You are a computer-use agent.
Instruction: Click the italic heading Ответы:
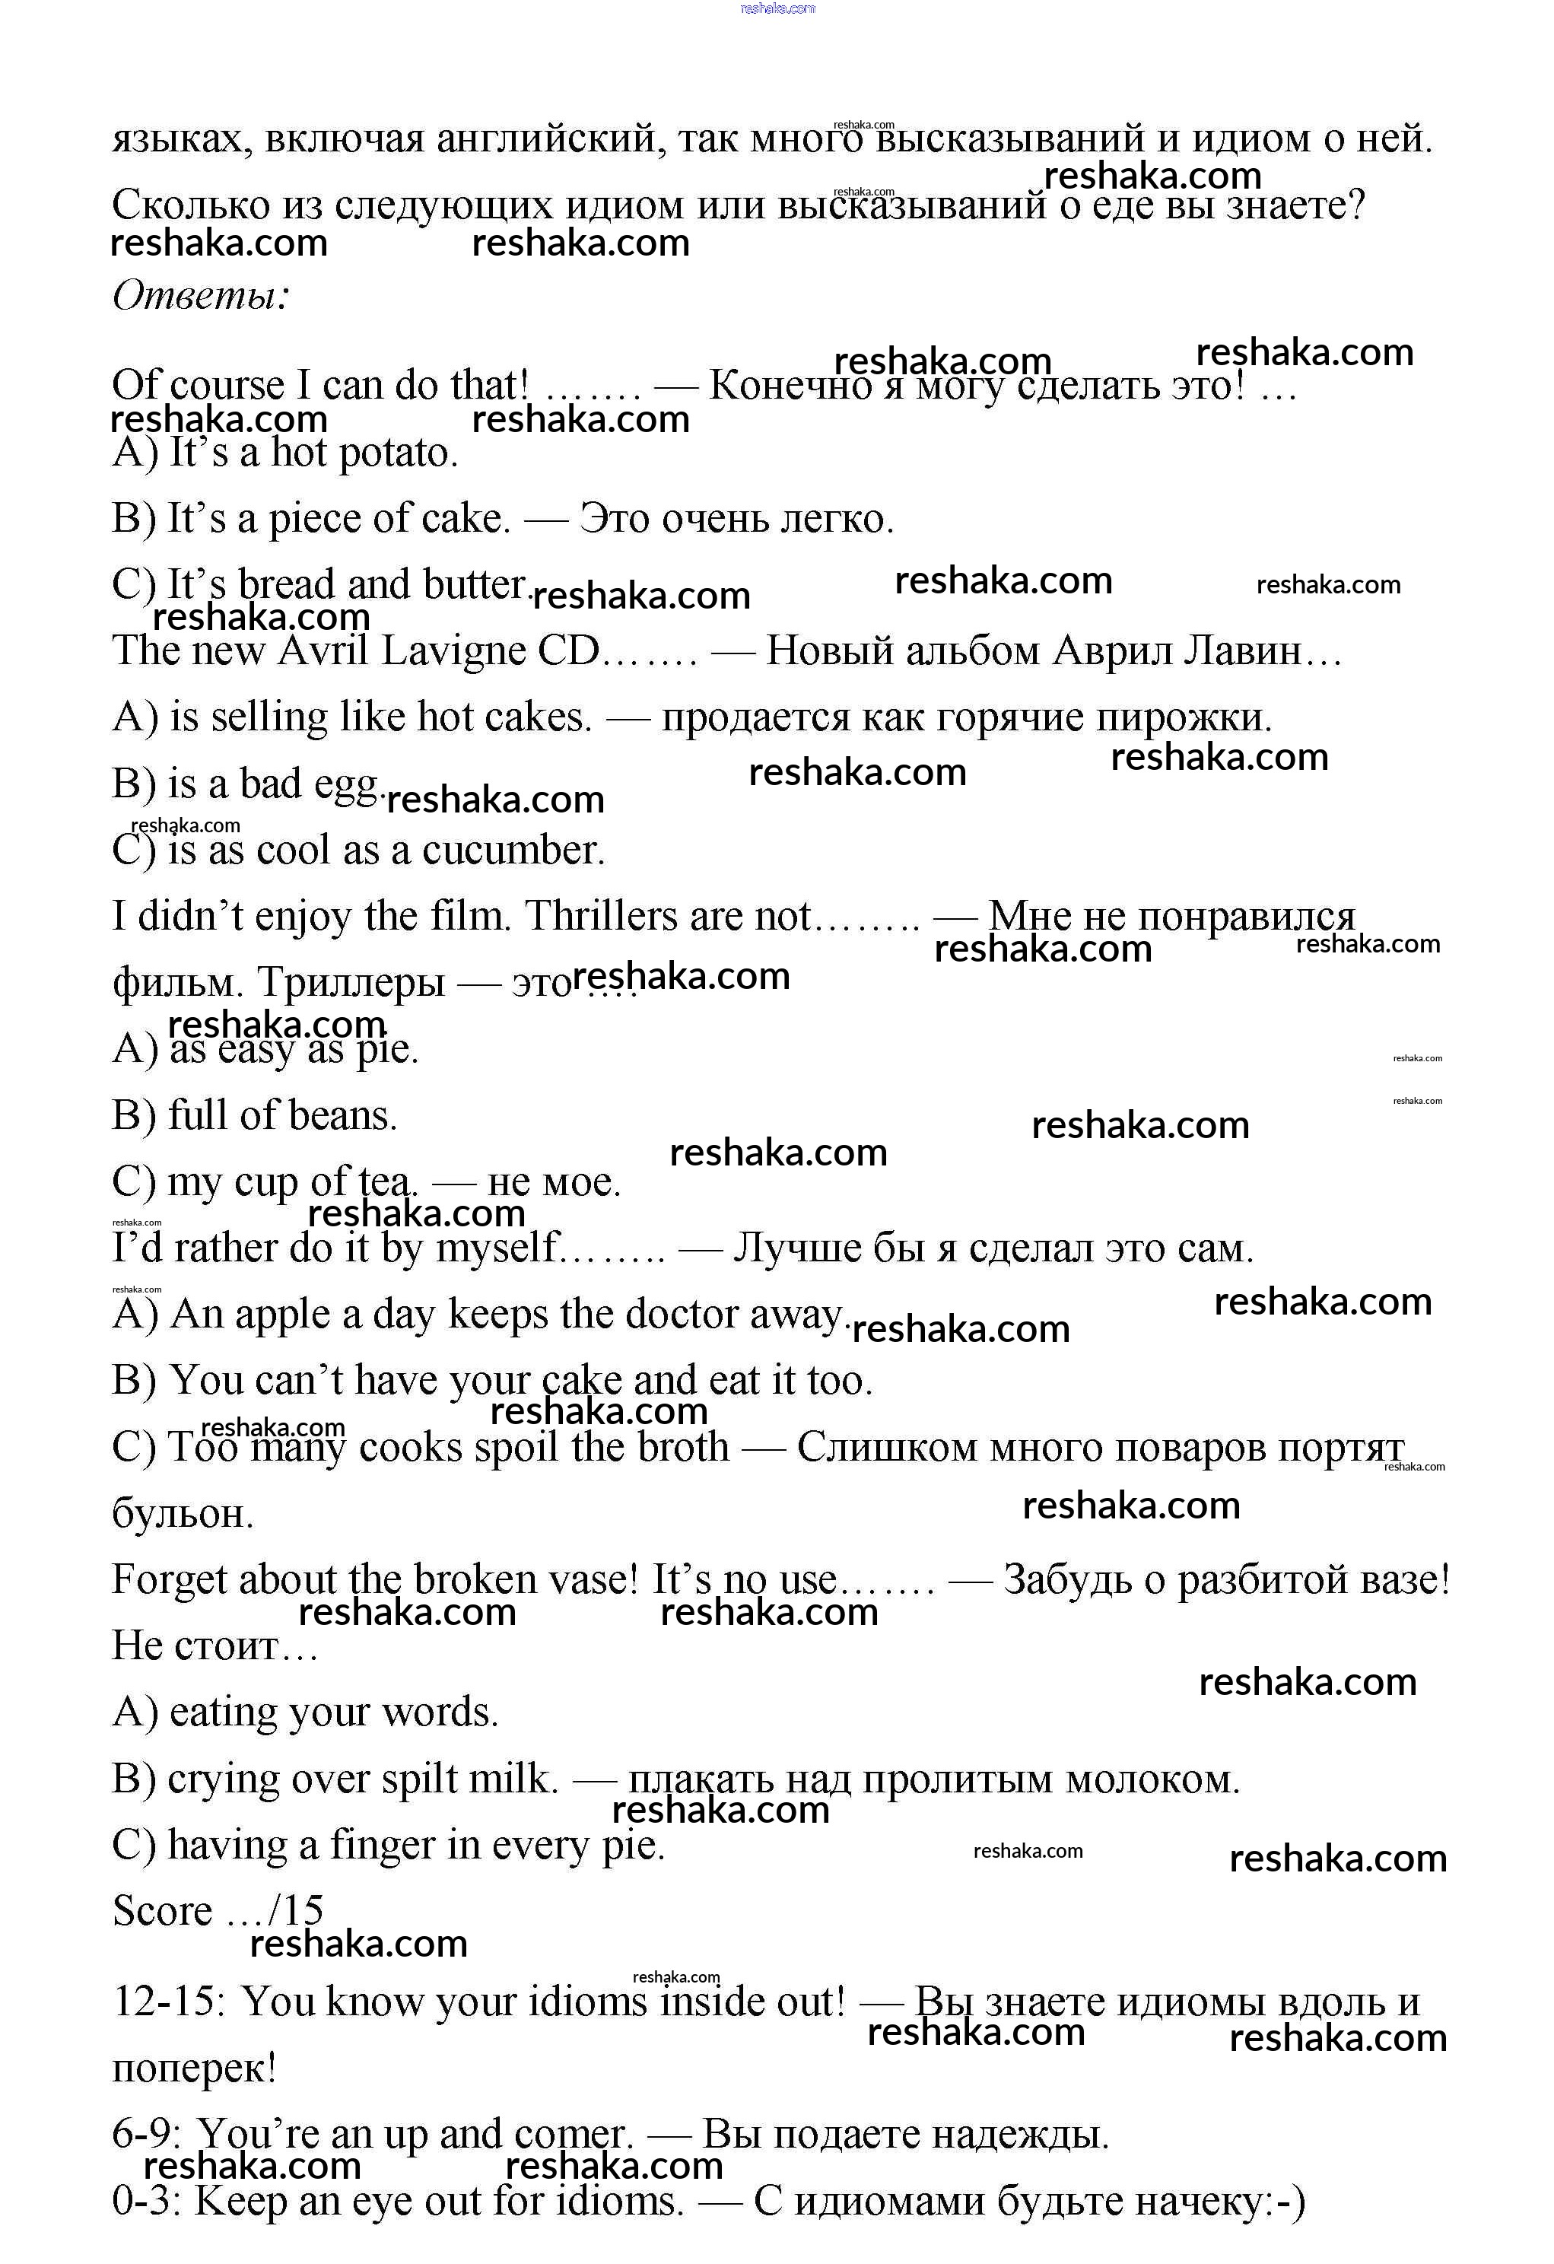pos(201,295)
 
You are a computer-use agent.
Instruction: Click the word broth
pos(683,1448)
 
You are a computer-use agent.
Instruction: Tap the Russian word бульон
pos(183,1515)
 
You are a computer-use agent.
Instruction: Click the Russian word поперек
pos(193,2069)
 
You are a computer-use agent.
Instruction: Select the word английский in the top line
pos(551,139)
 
